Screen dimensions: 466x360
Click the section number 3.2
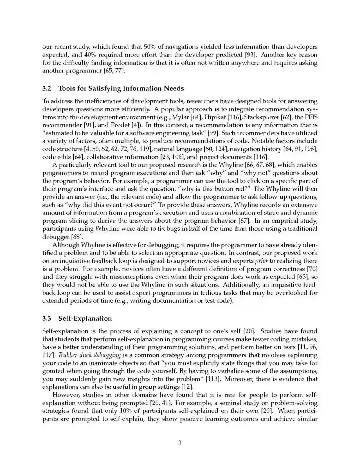pyautogui.click(x=47, y=88)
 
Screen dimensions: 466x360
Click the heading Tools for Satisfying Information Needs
pyautogui.click(x=121, y=88)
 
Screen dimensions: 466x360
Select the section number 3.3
pyautogui.click(x=47, y=318)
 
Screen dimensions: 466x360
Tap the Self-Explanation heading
pyautogui.click(x=85, y=318)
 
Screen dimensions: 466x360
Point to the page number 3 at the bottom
pyautogui.click(x=180, y=443)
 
